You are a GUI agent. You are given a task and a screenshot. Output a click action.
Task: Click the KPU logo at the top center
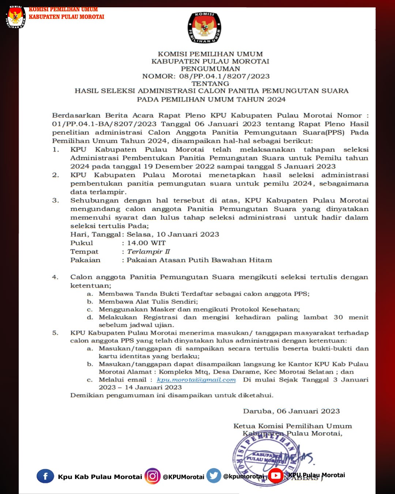(204, 28)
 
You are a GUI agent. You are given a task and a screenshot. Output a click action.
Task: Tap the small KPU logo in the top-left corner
(15, 17)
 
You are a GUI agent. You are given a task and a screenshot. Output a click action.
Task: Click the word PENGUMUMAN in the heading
(210, 69)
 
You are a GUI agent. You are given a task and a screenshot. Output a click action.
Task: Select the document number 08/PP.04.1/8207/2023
(224, 76)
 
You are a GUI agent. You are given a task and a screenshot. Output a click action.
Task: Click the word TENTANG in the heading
(210, 83)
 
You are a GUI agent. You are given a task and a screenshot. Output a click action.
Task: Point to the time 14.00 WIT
(146, 243)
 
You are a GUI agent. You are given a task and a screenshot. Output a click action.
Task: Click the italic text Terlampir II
(148, 251)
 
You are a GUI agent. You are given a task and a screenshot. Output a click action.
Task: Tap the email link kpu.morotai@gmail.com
(196, 380)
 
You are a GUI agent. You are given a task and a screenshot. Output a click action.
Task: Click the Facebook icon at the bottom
(45, 476)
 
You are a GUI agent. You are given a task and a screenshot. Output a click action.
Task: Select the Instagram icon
(153, 476)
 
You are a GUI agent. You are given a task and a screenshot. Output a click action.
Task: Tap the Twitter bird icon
(214, 476)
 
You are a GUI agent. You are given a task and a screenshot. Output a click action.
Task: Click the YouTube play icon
(276, 476)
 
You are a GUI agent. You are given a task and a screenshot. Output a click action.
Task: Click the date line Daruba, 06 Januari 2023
(291, 411)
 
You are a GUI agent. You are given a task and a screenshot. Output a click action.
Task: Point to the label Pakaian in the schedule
(85, 260)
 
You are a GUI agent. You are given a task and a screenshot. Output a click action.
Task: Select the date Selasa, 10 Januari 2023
(173, 235)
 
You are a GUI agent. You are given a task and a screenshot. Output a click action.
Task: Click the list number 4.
(55, 277)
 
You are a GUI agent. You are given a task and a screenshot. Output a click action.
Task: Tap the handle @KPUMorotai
(183, 477)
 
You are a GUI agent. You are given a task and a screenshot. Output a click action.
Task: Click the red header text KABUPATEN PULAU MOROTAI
(66, 17)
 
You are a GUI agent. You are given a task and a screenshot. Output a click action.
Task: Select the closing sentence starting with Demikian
(172, 395)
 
